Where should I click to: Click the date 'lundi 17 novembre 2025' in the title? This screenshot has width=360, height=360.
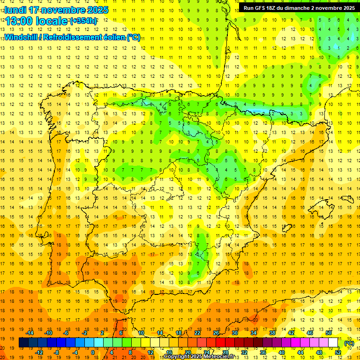click(x=57, y=10)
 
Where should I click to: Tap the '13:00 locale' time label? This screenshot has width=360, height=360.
click(x=37, y=21)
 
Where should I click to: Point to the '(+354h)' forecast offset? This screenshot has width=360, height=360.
click(x=83, y=21)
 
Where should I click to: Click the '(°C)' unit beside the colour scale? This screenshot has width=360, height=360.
click(x=349, y=343)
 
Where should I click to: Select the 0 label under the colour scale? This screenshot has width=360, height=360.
click(x=93, y=352)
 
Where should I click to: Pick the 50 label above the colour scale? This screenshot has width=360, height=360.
click(x=329, y=333)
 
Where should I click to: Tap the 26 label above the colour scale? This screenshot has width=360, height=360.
click(x=216, y=333)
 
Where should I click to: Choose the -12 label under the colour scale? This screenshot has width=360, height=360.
click(x=39, y=352)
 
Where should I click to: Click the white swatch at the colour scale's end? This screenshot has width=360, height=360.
click(x=333, y=343)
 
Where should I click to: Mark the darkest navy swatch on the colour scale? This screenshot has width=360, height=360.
click(x=23, y=343)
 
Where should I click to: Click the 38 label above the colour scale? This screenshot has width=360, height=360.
click(x=272, y=333)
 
